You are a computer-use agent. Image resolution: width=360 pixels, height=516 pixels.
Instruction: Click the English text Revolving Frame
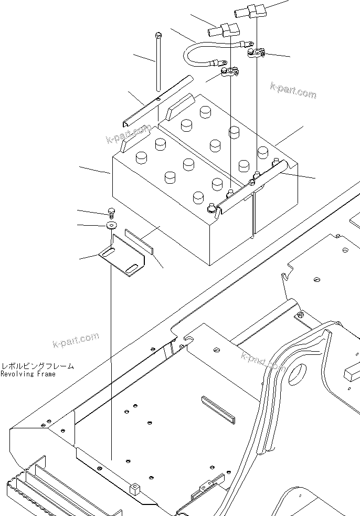click(x=28, y=374)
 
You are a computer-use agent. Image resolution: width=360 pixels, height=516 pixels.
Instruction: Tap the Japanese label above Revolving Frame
click(x=37, y=366)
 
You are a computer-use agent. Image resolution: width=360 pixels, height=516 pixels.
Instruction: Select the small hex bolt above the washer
click(x=112, y=212)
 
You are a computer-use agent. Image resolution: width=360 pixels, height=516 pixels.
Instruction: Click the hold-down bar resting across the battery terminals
click(x=252, y=186)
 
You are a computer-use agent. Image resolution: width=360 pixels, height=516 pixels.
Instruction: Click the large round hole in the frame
click(x=296, y=374)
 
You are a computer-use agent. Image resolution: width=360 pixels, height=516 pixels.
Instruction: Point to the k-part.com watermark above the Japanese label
click(x=76, y=340)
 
